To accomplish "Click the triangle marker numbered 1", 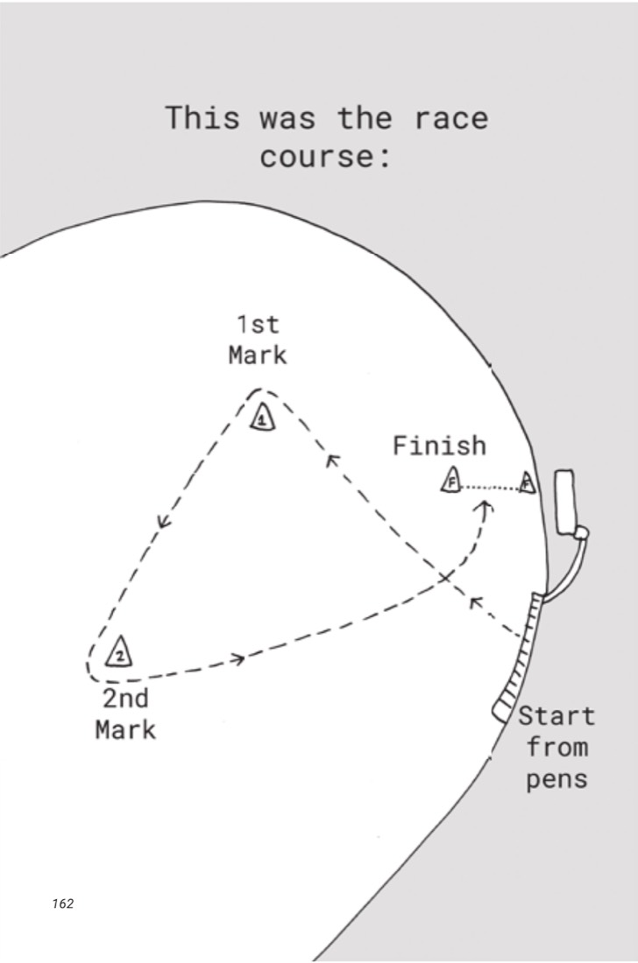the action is (x=263, y=417).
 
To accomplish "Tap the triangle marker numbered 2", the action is (x=119, y=652).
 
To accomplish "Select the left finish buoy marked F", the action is (x=451, y=481).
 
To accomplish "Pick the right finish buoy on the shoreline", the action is (x=527, y=482).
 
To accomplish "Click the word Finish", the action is (x=439, y=446).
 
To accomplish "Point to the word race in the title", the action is (x=451, y=117).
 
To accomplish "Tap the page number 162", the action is (x=63, y=903).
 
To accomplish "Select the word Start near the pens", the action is (x=556, y=716).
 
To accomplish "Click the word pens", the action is (x=556, y=780).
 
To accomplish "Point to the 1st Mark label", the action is (x=258, y=340).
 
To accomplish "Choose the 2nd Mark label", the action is (x=125, y=714).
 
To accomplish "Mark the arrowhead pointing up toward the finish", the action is (x=486, y=507).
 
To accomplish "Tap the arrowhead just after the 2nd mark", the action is (x=237, y=659).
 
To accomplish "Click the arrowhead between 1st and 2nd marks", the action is (x=163, y=522).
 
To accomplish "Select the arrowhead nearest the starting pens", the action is (x=476, y=602).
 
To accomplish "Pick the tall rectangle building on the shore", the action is (x=565, y=502).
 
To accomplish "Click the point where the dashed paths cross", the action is (x=446, y=577).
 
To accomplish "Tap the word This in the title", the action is (x=202, y=117).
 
